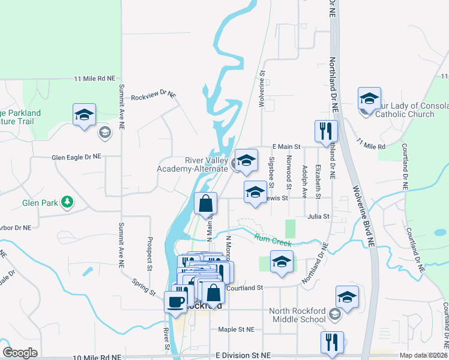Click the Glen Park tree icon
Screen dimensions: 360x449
coord(68,202)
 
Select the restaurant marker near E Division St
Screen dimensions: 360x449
coord(332,342)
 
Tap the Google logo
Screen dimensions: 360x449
coord(20,353)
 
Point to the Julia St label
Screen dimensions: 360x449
coord(319,216)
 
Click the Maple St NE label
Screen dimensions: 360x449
coord(236,329)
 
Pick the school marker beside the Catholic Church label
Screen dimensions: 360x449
coord(369,100)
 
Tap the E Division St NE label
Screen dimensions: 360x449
coord(243,355)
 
